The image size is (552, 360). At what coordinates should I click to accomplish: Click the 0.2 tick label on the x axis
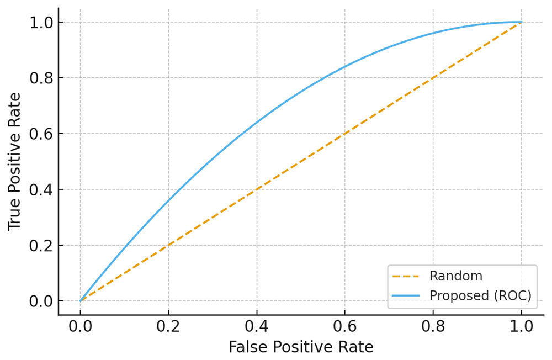[168, 326]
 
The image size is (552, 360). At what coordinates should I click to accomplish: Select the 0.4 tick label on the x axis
[257, 326]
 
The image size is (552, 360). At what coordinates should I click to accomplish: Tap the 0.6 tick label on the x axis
[344, 326]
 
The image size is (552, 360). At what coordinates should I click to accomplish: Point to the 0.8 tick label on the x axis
[433, 326]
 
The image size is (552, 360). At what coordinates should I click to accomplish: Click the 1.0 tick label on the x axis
[522, 326]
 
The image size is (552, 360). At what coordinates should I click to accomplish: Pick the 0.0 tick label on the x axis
[80, 326]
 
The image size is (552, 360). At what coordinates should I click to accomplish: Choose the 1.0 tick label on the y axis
[41, 23]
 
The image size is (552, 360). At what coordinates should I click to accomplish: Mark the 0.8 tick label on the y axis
[41, 78]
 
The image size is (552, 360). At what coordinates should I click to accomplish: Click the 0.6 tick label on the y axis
[41, 134]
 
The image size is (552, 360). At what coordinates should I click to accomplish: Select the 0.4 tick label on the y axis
[41, 190]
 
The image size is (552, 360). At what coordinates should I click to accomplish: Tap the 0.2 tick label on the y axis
[41, 246]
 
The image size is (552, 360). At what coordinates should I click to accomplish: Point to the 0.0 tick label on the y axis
[41, 301]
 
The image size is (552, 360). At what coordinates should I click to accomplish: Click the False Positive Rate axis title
[301, 347]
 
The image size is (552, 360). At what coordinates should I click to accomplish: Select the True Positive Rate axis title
[14, 162]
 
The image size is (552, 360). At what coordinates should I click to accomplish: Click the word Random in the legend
[456, 276]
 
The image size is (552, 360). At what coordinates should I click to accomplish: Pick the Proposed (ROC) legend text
[481, 295]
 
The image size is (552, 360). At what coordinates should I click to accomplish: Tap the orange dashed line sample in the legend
[406, 277]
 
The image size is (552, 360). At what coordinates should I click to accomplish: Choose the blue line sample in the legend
[406, 295]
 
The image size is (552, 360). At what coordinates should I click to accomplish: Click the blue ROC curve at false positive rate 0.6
[344, 67]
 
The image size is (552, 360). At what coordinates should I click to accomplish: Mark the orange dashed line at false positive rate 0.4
[257, 189]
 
